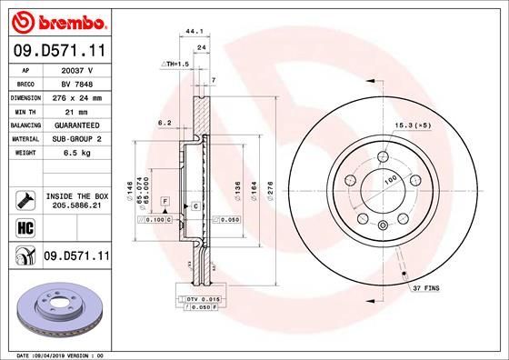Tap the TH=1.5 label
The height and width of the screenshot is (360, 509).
(x=175, y=65)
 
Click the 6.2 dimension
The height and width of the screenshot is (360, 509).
(x=165, y=122)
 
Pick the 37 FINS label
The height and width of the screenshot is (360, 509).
(x=424, y=287)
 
